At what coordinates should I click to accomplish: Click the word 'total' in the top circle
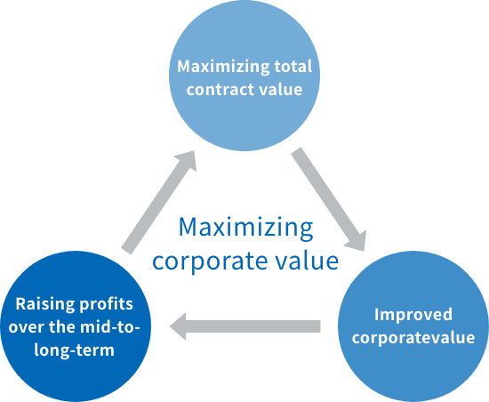pos(293,67)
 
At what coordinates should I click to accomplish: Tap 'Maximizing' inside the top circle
pos(223,67)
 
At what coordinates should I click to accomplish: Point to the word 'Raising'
pos(45,304)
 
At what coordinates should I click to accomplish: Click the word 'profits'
pos(107,304)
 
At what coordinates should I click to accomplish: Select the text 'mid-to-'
pos(110,326)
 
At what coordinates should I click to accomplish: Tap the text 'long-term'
pos(74,350)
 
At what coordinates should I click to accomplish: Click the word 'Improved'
pos(413,315)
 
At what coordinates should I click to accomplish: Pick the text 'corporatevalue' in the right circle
pos(413,338)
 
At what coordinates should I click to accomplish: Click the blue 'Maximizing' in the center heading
pos(245,228)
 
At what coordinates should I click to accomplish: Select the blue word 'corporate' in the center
pos(210,261)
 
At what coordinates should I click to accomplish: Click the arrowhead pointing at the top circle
pos(187,159)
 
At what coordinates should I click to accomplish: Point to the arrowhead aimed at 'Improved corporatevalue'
pos(357,242)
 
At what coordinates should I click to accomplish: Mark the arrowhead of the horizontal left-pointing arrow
pos(178,326)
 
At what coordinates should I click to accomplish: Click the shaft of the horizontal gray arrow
pos(253,326)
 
